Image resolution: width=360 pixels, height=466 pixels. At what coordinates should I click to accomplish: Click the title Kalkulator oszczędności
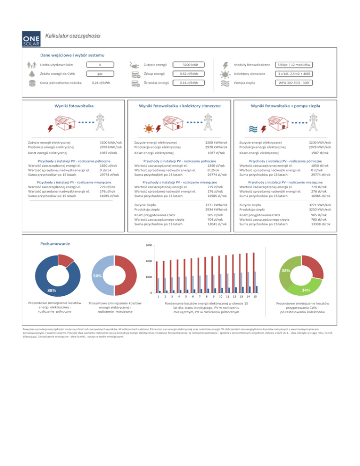click(73, 36)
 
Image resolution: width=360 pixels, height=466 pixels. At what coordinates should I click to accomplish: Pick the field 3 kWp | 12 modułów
click(294, 64)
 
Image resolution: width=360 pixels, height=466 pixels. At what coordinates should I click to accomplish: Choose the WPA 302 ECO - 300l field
click(294, 83)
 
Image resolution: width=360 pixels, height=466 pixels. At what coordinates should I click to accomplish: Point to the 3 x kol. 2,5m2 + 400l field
click(294, 74)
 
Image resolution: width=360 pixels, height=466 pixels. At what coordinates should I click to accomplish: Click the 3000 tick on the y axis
click(148, 246)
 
